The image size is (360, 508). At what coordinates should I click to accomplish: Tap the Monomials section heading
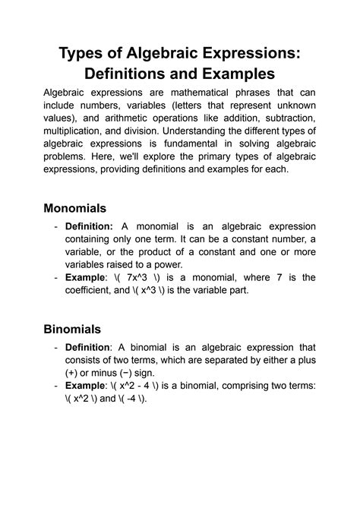(x=74, y=207)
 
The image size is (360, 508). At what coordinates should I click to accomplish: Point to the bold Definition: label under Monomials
(x=90, y=226)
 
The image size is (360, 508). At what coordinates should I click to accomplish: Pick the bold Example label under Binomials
(x=86, y=386)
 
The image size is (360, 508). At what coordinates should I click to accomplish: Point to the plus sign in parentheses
(x=74, y=375)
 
